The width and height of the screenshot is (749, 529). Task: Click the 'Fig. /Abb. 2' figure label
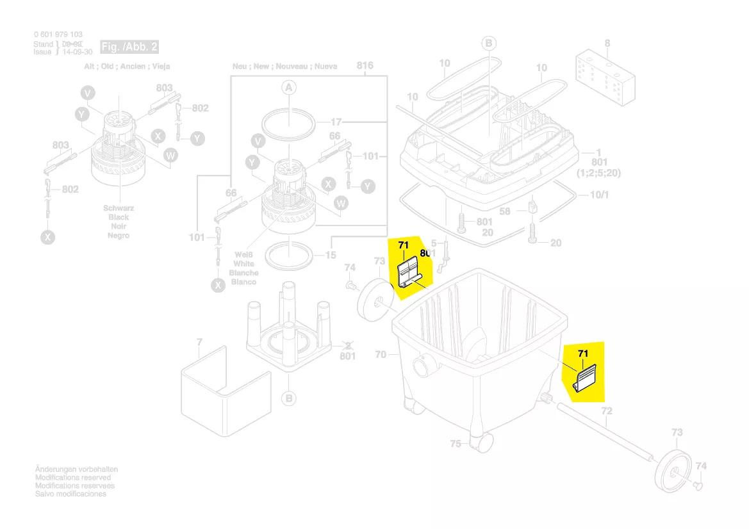[129, 47]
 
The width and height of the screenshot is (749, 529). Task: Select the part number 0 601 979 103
[58, 35]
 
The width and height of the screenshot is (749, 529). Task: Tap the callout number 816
[365, 65]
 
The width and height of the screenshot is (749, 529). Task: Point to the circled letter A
[288, 87]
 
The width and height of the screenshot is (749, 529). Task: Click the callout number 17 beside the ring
[337, 121]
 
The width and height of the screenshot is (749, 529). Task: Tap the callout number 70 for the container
[381, 354]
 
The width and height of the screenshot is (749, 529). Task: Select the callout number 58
[505, 211]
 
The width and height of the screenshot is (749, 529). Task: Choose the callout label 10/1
[598, 195]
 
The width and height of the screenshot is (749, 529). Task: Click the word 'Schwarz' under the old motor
[118, 209]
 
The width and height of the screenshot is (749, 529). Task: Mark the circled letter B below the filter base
[289, 398]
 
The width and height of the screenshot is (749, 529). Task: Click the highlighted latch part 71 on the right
[586, 376]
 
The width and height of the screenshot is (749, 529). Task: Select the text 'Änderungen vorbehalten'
[76, 469]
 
